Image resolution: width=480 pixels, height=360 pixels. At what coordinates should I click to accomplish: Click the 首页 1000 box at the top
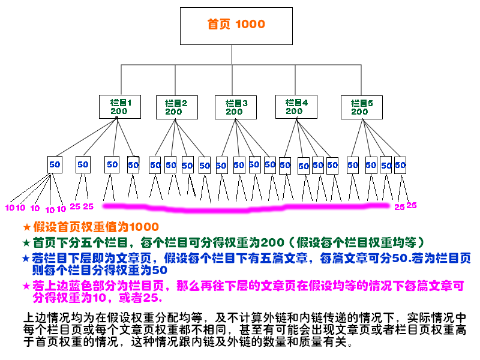coord(236,26)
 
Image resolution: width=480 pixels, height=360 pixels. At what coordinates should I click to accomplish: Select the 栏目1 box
coord(119,107)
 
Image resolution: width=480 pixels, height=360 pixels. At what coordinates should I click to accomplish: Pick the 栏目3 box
coord(235,107)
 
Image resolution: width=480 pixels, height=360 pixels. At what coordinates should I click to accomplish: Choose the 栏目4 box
coord(295,107)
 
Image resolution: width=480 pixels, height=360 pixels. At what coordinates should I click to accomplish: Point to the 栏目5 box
coord(361,107)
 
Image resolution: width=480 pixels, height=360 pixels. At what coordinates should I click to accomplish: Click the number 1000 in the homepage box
coord(250,25)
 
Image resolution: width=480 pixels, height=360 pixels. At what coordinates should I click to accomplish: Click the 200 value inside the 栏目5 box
coord(360,112)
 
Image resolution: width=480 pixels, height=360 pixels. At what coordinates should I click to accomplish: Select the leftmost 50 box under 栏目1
coord(55,164)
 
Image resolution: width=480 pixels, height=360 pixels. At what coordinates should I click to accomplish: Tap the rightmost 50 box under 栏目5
coord(400,164)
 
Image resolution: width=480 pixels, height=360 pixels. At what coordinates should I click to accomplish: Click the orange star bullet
coord(26,227)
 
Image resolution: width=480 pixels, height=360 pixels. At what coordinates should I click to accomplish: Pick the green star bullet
coord(26,243)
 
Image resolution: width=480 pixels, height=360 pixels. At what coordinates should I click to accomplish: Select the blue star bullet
coord(25,259)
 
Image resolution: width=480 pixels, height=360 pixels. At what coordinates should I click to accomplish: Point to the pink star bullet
coord(26,286)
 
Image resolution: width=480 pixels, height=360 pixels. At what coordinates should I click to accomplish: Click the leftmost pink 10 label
coord(9,208)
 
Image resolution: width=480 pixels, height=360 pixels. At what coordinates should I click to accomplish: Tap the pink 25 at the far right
coord(412,205)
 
